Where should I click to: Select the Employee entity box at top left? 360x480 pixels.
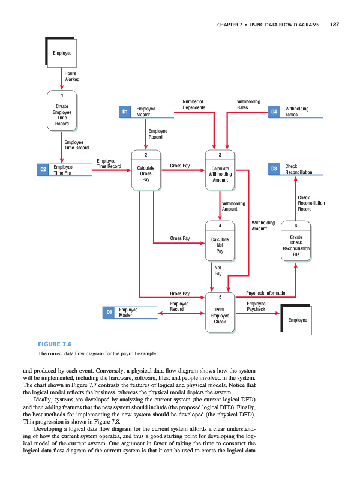coord(62,53)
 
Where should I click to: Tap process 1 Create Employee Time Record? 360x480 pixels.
coord(62,111)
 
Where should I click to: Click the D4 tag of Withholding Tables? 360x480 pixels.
coord(274,112)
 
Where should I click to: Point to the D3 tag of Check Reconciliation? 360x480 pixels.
coord(274,170)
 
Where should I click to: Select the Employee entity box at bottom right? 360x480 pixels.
coord(297,320)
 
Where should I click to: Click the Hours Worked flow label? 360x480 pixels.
coord(71,76)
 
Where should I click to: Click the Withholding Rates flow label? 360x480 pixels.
coord(248,105)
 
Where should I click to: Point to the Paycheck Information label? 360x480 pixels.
coord(267,293)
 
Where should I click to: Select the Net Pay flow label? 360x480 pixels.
coord(218,271)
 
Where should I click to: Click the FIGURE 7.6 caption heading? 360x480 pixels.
coord(55,344)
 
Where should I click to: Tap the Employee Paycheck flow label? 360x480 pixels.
coord(256,307)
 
